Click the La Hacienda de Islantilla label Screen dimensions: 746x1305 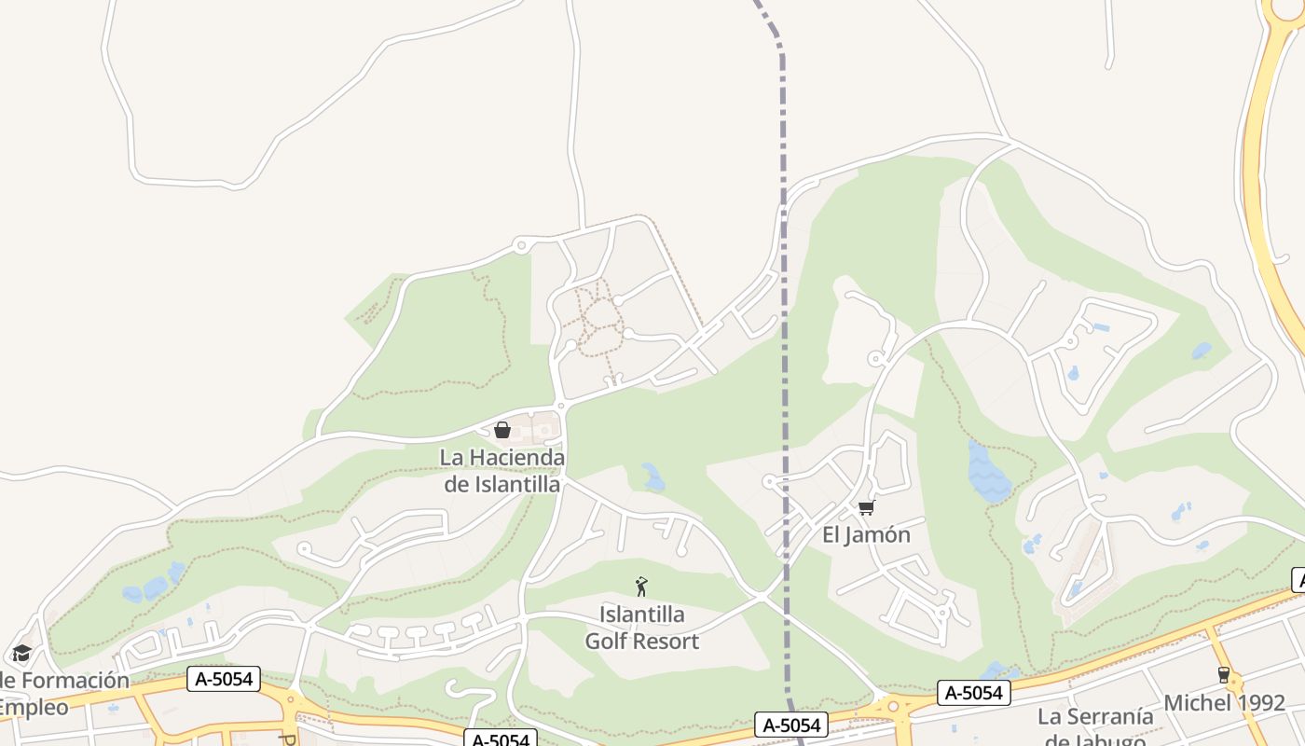[502, 471]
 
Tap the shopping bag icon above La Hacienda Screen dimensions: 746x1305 [502, 430]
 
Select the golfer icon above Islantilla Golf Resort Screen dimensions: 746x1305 [641, 587]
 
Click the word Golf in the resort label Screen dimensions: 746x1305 [608, 642]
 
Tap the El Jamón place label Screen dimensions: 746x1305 [866, 535]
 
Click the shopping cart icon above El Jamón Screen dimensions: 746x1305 [867, 507]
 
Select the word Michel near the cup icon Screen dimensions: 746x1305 [1198, 703]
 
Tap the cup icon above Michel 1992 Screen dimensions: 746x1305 [1224, 674]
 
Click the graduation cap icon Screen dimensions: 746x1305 [21, 653]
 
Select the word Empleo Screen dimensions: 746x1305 [34, 707]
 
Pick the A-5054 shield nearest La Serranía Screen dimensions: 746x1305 [974, 693]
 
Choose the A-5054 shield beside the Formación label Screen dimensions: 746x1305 [224, 679]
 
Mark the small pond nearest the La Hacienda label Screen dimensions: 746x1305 [653, 477]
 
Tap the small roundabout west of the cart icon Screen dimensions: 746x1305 [769, 481]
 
